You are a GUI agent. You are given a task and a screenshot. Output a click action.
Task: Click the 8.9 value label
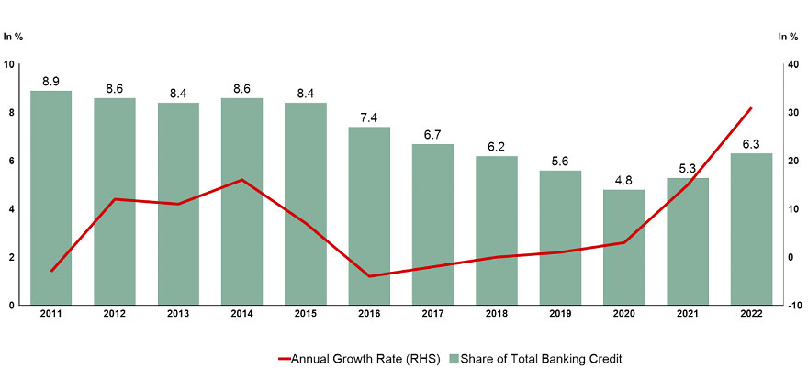point(51,82)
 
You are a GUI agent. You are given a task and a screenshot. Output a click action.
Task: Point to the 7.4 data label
point(369,118)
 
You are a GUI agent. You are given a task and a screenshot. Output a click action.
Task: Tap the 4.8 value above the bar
point(623,181)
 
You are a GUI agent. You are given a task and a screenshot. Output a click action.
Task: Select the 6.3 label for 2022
point(751,144)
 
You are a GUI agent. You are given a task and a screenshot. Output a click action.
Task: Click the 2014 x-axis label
point(242,315)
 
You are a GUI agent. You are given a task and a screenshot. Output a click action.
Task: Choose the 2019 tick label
point(560,315)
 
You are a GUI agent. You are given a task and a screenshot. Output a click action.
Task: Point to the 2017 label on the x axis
point(432,315)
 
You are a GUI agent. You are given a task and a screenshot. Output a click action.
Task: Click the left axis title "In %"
point(13,37)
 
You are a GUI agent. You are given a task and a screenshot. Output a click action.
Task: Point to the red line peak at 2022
point(751,108)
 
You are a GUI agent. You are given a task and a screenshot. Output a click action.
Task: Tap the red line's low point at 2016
point(369,276)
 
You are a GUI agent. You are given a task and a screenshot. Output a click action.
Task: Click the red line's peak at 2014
point(242,180)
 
